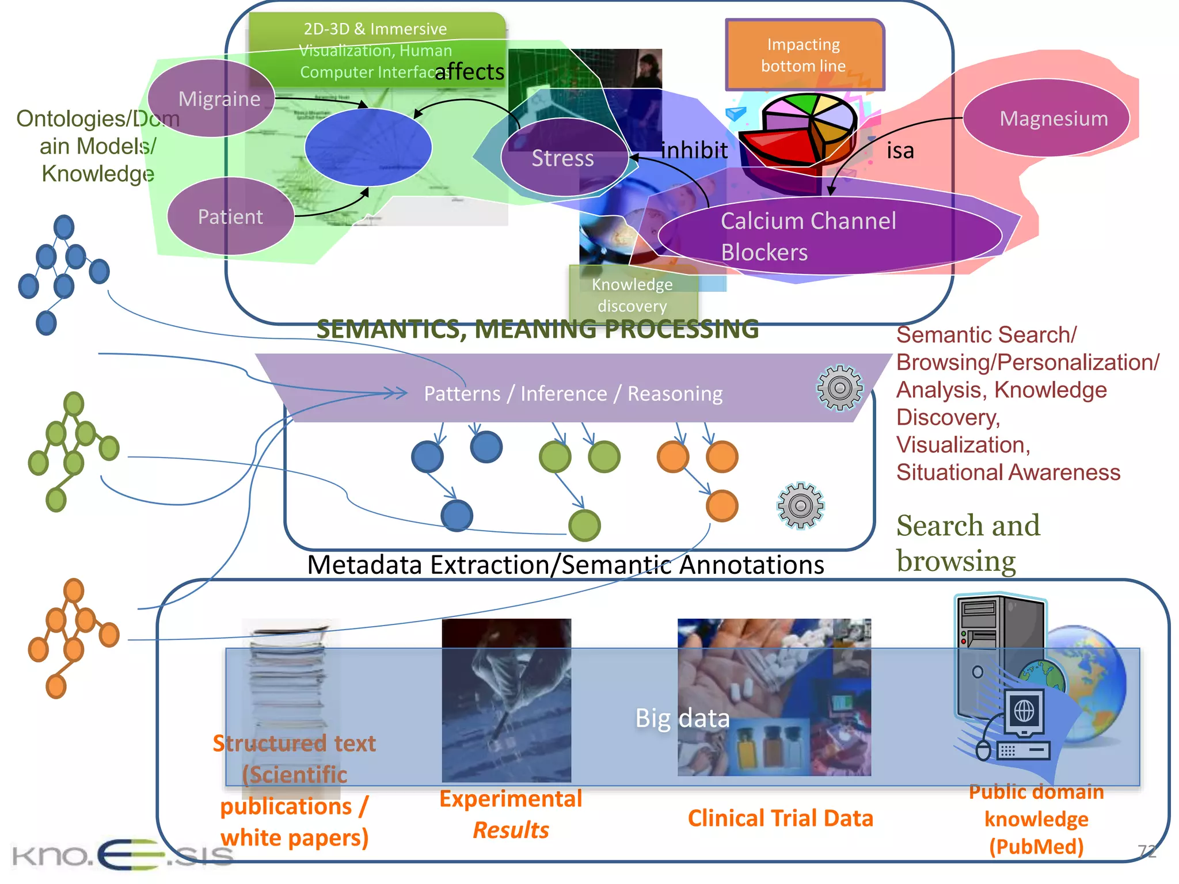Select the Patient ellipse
pos(230,216)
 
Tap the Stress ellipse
pos(564,158)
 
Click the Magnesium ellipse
pos(1046,118)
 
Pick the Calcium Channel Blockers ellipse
pos(829,236)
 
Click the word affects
pos(469,72)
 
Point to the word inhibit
pos(694,150)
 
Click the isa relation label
pos(900,151)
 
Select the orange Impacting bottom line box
pos(804,55)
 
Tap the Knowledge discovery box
pos(632,295)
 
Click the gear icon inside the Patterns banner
pos(839,388)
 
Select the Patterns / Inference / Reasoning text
pos(573,394)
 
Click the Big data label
pos(682,718)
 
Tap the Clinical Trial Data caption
pos(780,818)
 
